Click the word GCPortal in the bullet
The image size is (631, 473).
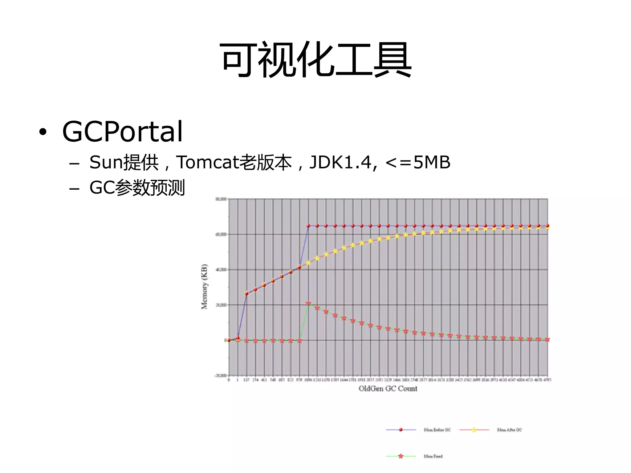coord(122,132)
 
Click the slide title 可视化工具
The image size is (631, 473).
coord(315,60)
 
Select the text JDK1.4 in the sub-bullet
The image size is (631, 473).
coord(340,162)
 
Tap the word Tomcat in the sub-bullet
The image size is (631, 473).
coord(207,162)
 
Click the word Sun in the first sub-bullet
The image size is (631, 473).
coord(106,162)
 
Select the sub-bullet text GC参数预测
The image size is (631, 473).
coord(137,188)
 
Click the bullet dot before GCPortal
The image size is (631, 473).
coord(43,132)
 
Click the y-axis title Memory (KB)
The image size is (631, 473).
coord(204,286)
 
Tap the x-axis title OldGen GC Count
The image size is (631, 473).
coord(388,389)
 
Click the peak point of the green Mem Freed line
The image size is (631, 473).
coord(308,303)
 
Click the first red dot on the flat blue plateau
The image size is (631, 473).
coord(308,226)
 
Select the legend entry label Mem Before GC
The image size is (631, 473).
coord(437,430)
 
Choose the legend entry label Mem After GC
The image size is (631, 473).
coord(509,430)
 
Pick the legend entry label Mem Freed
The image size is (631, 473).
coord(433,456)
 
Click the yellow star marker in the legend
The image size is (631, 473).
coord(474,430)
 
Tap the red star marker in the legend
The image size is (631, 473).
coord(401,456)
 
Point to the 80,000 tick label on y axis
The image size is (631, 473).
coord(221,199)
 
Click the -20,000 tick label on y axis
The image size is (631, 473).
coord(220,376)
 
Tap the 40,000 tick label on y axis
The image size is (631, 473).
coord(221,270)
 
